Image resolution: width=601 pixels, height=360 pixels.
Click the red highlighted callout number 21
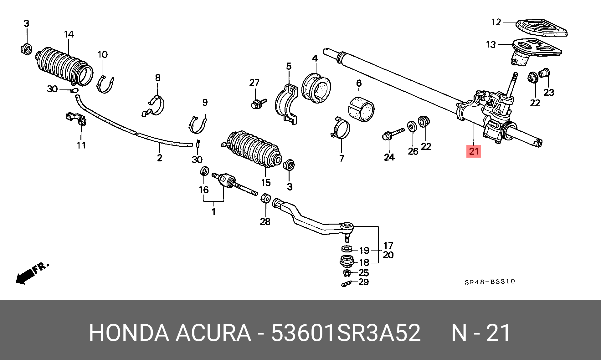point(474,151)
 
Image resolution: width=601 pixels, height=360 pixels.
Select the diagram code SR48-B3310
point(490,281)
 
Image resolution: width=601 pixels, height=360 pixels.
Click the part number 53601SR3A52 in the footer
point(346,333)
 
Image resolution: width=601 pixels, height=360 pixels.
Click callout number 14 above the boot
point(69,34)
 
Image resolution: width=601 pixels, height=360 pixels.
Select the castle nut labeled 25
point(346,273)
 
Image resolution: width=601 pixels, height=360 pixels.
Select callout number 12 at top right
point(496,22)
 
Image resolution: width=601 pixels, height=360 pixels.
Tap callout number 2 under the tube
point(160,158)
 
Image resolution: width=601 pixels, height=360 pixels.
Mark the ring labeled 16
point(204,171)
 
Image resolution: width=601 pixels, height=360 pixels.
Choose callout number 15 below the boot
point(266,182)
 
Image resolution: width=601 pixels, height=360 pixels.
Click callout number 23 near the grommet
point(548,92)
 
